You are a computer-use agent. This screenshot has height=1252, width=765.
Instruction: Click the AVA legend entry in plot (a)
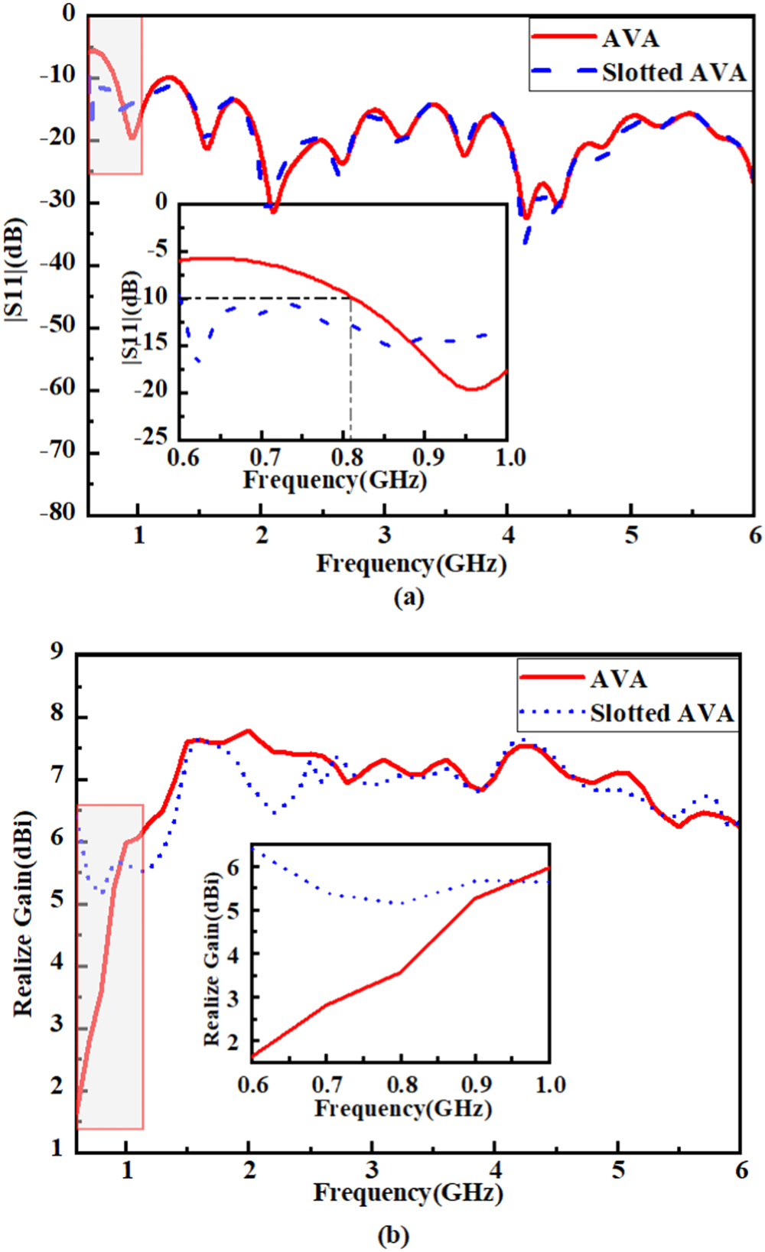(x=630, y=38)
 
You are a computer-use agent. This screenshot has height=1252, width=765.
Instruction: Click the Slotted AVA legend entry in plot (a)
(x=673, y=73)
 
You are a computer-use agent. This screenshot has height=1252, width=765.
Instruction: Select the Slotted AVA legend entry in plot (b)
(x=661, y=713)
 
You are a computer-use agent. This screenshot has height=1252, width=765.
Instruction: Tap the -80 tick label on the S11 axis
(x=58, y=513)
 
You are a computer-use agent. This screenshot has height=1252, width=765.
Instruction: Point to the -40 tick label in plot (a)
(x=58, y=264)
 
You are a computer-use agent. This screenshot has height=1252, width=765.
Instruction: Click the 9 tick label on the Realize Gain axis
(x=57, y=652)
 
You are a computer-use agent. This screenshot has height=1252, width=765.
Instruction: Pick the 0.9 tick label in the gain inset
(x=476, y=1085)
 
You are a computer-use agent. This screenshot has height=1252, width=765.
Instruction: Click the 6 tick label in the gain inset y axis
(x=233, y=867)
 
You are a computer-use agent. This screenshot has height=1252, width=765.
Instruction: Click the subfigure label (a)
(x=409, y=597)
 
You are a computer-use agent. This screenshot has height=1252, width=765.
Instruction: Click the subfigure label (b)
(x=393, y=1234)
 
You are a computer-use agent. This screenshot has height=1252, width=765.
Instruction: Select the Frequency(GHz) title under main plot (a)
(x=412, y=564)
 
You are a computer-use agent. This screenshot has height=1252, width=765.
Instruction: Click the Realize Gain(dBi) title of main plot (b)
(x=24, y=914)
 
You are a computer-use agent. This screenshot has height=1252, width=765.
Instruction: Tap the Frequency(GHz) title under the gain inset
(x=403, y=1108)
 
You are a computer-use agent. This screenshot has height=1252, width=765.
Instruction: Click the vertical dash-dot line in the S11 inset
(x=351, y=367)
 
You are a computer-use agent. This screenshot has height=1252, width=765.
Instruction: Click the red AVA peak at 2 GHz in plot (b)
(x=248, y=731)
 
